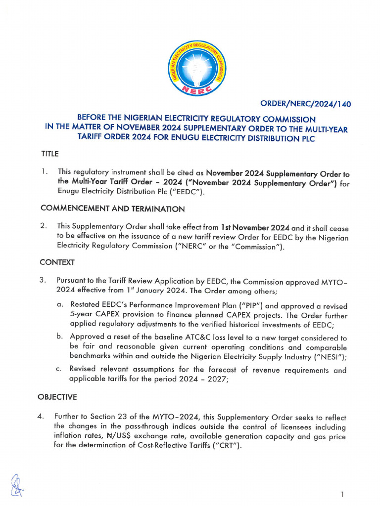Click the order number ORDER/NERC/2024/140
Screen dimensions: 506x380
(305, 104)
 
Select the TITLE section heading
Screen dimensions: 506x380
(49, 154)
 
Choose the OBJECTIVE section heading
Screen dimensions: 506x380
(57, 397)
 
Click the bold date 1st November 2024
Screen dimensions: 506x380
(254, 228)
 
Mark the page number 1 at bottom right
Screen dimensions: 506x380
(342, 494)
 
